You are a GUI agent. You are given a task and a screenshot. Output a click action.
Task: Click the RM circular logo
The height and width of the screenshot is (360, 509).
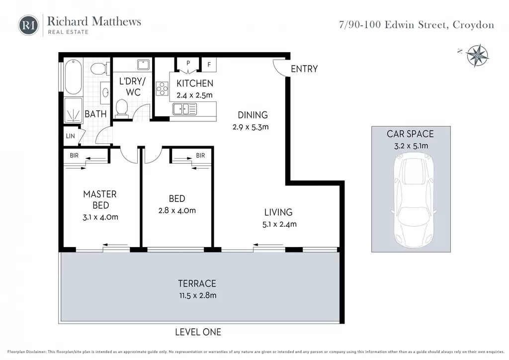[28, 25]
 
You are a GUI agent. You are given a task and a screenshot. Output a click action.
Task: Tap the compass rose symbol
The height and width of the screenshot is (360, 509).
[477, 56]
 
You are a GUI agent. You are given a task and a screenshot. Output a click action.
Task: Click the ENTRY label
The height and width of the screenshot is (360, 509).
[304, 69]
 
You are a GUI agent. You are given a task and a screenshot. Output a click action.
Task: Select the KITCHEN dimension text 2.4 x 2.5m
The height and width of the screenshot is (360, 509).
[194, 95]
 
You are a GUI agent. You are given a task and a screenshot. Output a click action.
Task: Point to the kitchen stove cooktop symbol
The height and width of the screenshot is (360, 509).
[162, 89]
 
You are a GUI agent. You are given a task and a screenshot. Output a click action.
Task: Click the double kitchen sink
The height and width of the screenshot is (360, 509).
[184, 109]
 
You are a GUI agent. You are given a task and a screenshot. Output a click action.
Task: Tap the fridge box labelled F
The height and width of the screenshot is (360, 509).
[209, 65]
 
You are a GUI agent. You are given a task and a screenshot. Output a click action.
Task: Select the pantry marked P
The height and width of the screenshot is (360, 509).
[188, 64]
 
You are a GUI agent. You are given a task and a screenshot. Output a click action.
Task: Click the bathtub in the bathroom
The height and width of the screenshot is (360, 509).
[73, 77]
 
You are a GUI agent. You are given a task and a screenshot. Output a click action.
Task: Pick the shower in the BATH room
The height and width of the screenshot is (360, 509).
[73, 110]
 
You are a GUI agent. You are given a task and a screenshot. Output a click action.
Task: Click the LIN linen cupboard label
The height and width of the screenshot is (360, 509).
[71, 136]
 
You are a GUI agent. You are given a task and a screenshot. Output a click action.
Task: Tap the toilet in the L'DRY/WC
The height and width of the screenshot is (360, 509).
[122, 107]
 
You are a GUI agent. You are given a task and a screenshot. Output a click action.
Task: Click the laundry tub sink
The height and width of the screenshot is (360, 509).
[143, 64]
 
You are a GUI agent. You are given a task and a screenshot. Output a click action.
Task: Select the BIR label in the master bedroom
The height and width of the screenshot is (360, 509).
[74, 156]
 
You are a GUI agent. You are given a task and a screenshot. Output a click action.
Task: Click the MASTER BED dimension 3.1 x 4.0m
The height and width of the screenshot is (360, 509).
[100, 217]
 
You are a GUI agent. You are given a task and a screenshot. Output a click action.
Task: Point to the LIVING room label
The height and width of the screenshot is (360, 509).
[278, 212]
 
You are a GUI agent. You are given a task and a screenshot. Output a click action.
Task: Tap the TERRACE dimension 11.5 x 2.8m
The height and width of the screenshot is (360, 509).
[198, 295]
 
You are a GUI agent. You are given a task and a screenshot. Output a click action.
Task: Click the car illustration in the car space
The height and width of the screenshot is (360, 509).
[414, 199]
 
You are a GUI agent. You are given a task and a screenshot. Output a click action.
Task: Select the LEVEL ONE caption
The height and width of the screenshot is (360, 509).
[198, 332]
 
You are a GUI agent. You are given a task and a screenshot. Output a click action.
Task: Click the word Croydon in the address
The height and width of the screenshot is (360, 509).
[473, 25]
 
